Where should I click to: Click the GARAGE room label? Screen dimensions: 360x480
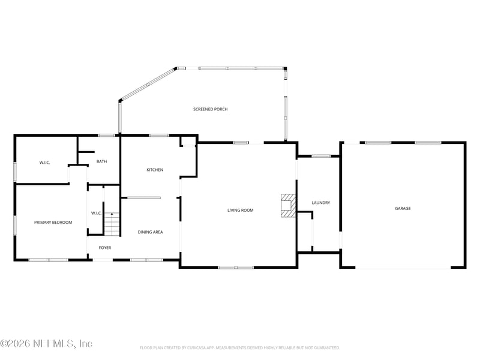(403, 208)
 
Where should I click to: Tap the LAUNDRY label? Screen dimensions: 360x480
(320, 203)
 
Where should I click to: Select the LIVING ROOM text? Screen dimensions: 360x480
(240, 210)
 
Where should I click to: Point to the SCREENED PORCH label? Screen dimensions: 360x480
(210, 109)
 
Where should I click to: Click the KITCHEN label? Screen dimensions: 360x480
(155, 170)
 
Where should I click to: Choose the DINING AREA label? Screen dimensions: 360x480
(150, 232)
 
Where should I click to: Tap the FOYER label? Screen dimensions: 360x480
(105, 248)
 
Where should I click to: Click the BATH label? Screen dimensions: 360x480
(101, 161)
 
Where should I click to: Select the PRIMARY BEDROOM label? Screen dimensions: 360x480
(53, 223)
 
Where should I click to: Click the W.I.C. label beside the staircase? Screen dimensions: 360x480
(96, 213)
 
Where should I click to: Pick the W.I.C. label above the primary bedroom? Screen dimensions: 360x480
(44, 163)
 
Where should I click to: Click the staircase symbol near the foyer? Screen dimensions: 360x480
(112, 224)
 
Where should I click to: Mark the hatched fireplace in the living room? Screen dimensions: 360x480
(289, 205)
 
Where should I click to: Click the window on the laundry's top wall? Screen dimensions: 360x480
(321, 156)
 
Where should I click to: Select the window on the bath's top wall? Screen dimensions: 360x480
(107, 135)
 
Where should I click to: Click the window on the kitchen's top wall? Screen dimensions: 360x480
(158, 135)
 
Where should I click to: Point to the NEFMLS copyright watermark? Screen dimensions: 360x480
(46, 344)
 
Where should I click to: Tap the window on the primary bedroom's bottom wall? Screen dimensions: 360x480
(48, 260)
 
